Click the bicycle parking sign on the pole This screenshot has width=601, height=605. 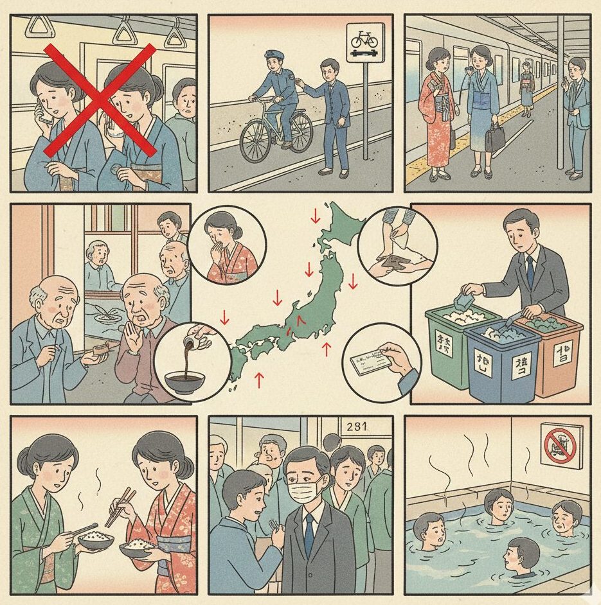[x=365, y=43]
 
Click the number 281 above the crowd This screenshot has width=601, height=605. [x=359, y=425]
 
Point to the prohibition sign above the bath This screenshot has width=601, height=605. [x=558, y=443]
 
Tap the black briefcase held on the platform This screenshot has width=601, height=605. [x=495, y=137]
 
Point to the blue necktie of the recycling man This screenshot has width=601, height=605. [x=530, y=270]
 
